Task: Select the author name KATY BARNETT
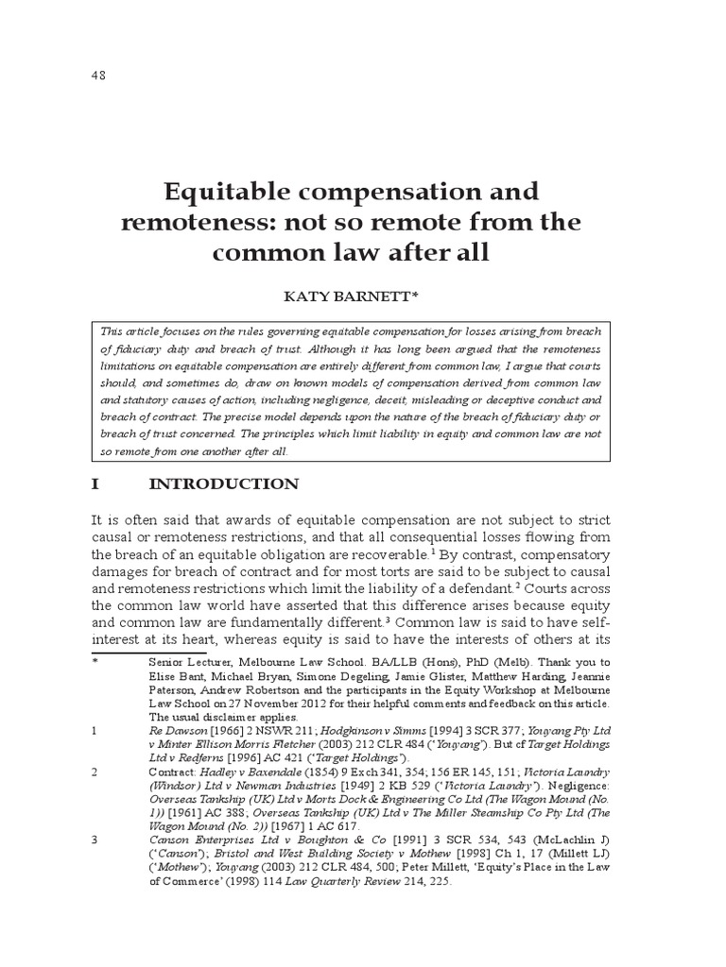pyautogui.click(x=351, y=297)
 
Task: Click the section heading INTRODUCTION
pyautogui.click(x=224, y=484)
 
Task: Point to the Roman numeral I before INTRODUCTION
pyautogui.click(x=95, y=484)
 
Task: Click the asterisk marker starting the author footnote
pyautogui.click(x=94, y=662)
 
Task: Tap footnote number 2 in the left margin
pyautogui.click(x=95, y=772)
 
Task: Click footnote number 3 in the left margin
pyautogui.click(x=95, y=840)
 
